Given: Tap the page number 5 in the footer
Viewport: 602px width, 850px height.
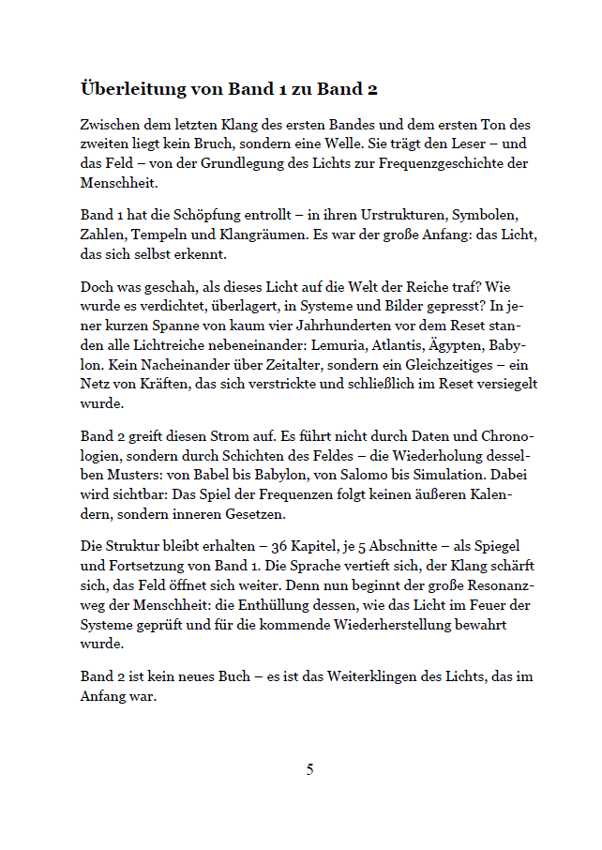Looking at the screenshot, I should pos(309,770).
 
